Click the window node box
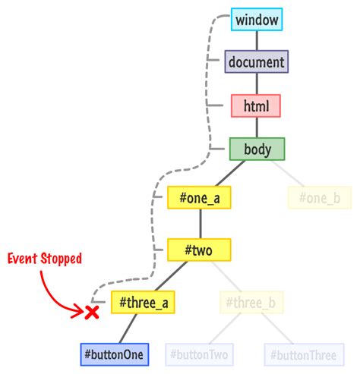(257, 18)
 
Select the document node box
(257, 61)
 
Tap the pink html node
(257, 105)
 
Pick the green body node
(257, 148)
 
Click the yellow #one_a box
(200, 198)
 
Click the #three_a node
(144, 303)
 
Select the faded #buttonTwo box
(199, 354)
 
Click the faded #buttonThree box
(302, 354)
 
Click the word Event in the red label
(23, 259)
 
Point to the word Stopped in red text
(61, 259)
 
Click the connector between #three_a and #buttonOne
(128, 328)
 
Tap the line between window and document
(257, 40)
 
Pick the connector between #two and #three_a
(171, 275)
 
